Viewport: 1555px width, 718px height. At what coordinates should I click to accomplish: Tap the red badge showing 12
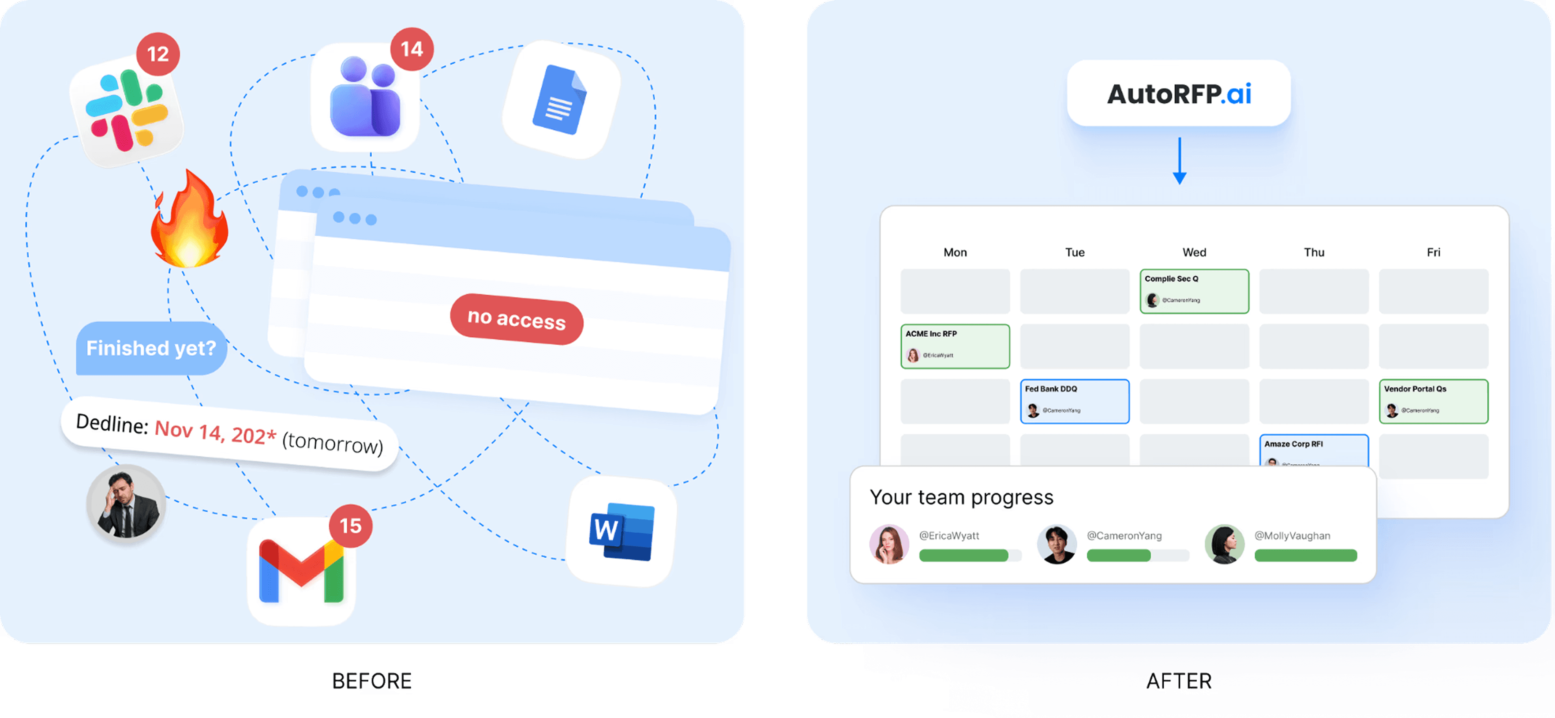click(157, 54)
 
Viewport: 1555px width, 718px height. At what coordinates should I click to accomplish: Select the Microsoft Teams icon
click(365, 98)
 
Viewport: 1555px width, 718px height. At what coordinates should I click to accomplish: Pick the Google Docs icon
click(561, 100)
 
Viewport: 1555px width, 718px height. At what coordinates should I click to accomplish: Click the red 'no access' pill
click(517, 319)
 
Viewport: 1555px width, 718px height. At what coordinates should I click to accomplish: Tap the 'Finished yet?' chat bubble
click(151, 349)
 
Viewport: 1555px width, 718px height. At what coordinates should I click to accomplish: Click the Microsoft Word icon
click(621, 531)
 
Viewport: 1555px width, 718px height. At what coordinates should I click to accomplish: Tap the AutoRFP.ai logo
click(1179, 94)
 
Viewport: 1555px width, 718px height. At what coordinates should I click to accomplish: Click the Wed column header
click(1194, 252)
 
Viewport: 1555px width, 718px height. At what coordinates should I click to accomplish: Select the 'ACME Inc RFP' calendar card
click(955, 346)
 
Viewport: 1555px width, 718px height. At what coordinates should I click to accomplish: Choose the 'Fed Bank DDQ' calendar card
click(1075, 401)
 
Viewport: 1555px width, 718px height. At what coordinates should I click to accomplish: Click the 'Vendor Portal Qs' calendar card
click(1433, 401)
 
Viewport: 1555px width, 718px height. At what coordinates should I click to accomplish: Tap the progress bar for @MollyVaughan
click(1305, 556)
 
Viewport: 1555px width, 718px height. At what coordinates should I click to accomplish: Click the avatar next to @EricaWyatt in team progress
click(888, 544)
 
